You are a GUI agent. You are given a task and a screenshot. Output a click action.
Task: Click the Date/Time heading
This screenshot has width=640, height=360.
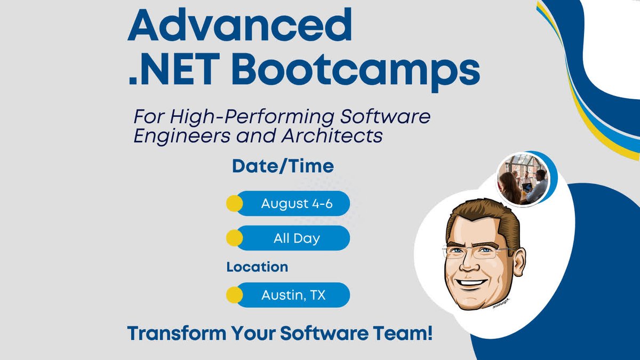(x=283, y=166)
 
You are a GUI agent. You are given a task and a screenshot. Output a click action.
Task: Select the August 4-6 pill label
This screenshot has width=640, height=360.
(x=297, y=203)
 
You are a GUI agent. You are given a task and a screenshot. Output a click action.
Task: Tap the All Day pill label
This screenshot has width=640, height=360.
(x=297, y=238)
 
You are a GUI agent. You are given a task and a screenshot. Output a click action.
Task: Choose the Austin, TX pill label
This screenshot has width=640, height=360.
(x=293, y=295)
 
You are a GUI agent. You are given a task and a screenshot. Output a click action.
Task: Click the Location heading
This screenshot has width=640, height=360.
(x=257, y=267)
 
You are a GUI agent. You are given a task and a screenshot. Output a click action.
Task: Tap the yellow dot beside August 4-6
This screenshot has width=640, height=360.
(x=234, y=203)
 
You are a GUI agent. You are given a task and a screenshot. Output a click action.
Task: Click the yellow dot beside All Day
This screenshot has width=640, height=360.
(x=234, y=238)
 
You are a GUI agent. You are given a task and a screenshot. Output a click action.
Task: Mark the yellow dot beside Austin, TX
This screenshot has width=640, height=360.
(x=234, y=295)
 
